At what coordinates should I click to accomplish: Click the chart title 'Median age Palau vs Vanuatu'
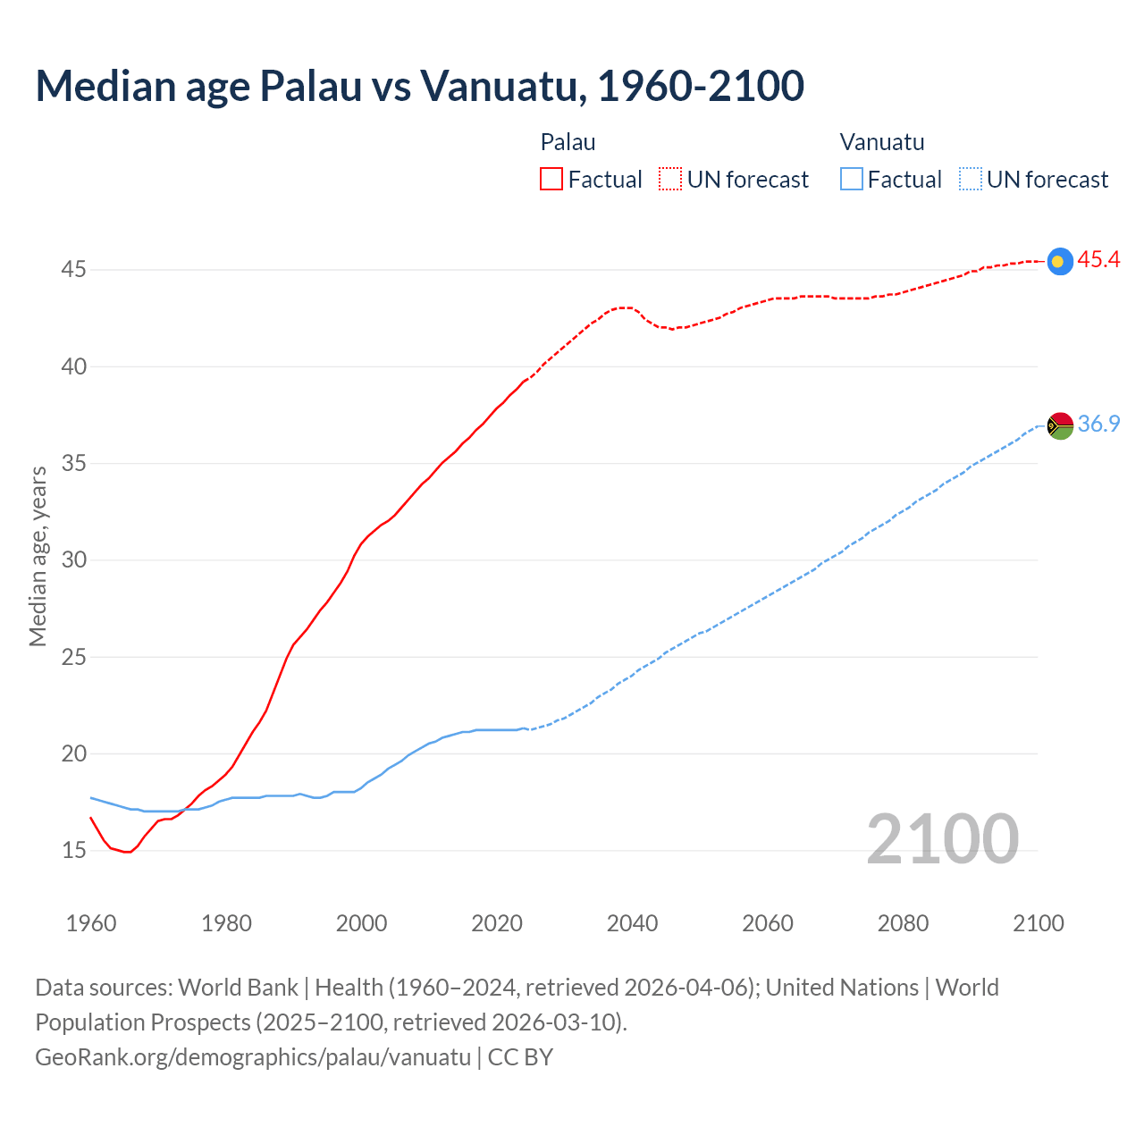(419, 86)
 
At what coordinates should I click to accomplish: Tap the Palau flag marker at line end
(1059, 261)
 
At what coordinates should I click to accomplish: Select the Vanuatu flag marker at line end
(1059, 425)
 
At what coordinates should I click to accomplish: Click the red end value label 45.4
(1098, 260)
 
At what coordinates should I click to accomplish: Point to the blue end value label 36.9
(1098, 424)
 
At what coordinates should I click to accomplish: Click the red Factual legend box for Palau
(551, 180)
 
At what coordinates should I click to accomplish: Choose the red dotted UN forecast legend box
(670, 180)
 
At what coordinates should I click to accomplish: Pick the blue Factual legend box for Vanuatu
(852, 180)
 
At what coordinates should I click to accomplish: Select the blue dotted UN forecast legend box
(971, 180)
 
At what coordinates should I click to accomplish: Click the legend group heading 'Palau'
(568, 142)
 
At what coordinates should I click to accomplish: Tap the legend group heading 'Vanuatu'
(881, 142)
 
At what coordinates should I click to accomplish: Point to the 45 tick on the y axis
(73, 269)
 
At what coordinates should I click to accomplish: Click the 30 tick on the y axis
(73, 559)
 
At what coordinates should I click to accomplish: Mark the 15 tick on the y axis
(73, 850)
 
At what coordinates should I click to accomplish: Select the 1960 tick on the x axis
(91, 923)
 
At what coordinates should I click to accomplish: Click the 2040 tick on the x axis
(632, 923)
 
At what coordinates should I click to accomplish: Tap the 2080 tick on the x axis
(903, 923)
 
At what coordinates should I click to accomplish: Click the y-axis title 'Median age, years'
(38, 555)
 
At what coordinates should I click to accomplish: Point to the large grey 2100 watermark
(942, 838)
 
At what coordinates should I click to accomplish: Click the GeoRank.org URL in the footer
(253, 1056)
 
